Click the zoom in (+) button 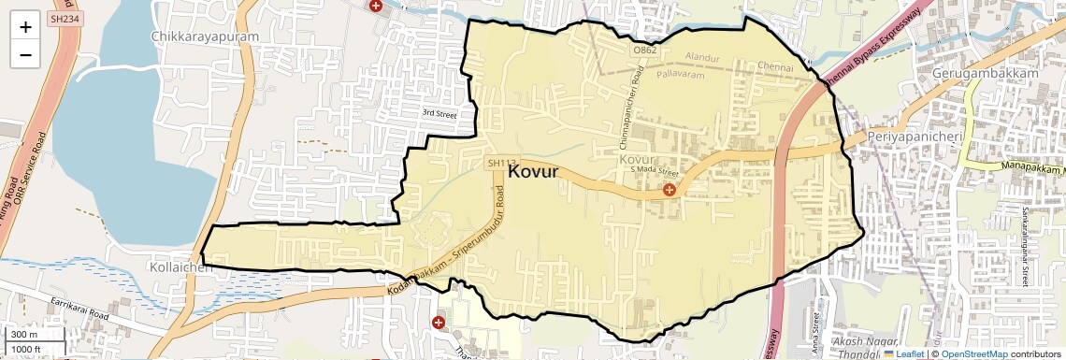point(25,26)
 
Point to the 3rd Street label point(439,113)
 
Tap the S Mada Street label point(653,171)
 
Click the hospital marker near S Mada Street point(669,190)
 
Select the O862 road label point(643,50)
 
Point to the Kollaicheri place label point(180,266)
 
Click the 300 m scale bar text point(23,335)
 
